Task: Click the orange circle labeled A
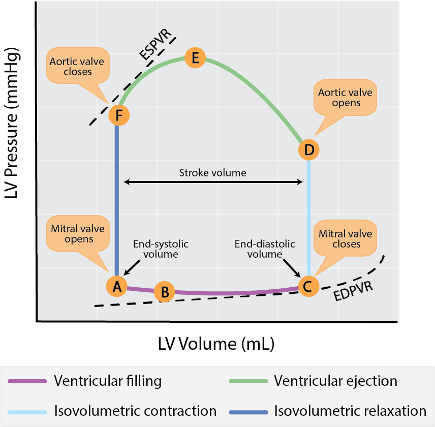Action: (x=117, y=286)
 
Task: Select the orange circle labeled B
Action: (x=164, y=292)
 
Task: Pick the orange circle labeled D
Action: (x=308, y=149)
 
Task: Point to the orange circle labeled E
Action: (x=195, y=57)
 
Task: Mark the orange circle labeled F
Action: (x=119, y=115)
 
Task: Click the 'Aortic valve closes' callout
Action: (x=71, y=67)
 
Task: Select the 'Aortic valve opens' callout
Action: (x=346, y=98)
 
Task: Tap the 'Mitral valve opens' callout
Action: (x=71, y=234)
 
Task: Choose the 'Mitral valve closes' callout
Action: (x=346, y=239)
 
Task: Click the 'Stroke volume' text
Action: (x=212, y=173)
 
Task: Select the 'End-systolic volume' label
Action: (x=156, y=249)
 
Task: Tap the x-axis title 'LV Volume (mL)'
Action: (x=216, y=344)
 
